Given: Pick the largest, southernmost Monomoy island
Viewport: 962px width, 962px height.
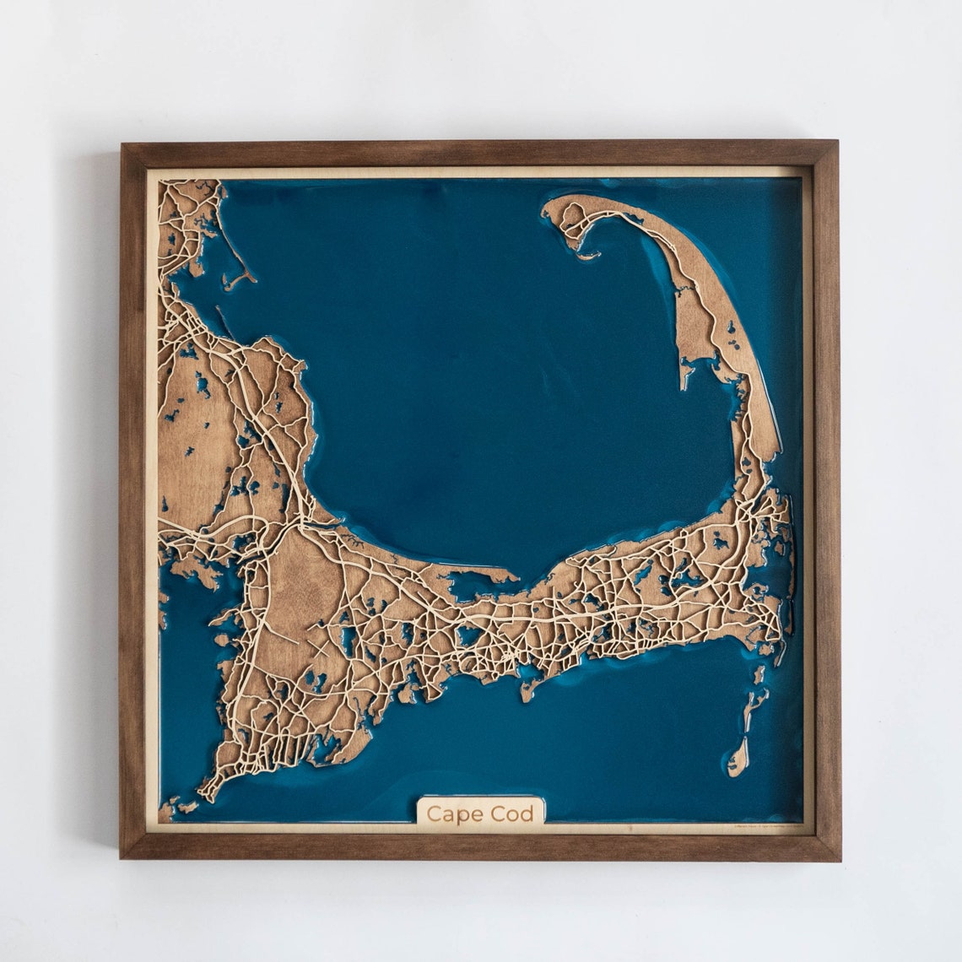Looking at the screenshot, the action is tap(738, 755).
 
